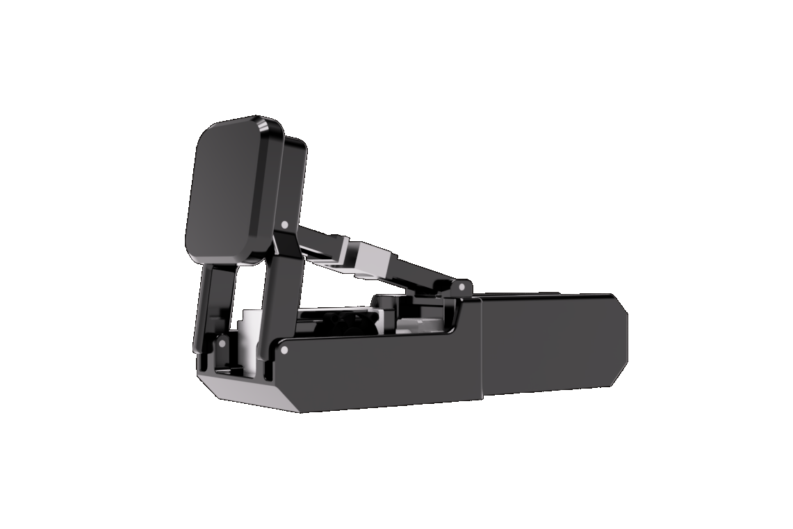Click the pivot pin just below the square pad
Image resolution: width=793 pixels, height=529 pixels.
(x=286, y=225)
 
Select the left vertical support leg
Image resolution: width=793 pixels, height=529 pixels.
(x=212, y=306)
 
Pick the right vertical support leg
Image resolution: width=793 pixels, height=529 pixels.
(x=278, y=292)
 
